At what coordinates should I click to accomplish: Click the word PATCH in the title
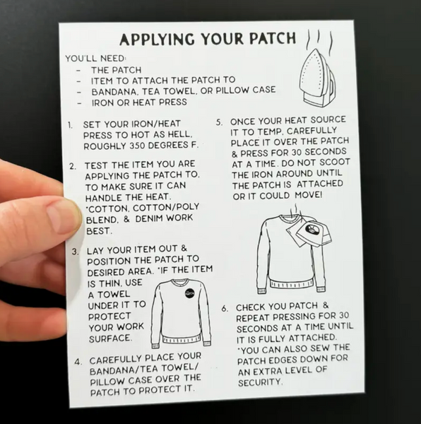click(x=273, y=38)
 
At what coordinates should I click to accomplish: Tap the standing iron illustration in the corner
click(x=319, y=79)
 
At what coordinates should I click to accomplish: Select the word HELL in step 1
click(x=179, y=134)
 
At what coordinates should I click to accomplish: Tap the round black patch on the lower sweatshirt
click(x=190, y=293)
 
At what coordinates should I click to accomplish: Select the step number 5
click(x=220, y=122)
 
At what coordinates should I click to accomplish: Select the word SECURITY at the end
click(x=260, y=382)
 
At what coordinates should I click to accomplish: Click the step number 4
click(x=78, y=362)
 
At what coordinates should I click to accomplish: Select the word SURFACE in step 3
click(x=110, y=338)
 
